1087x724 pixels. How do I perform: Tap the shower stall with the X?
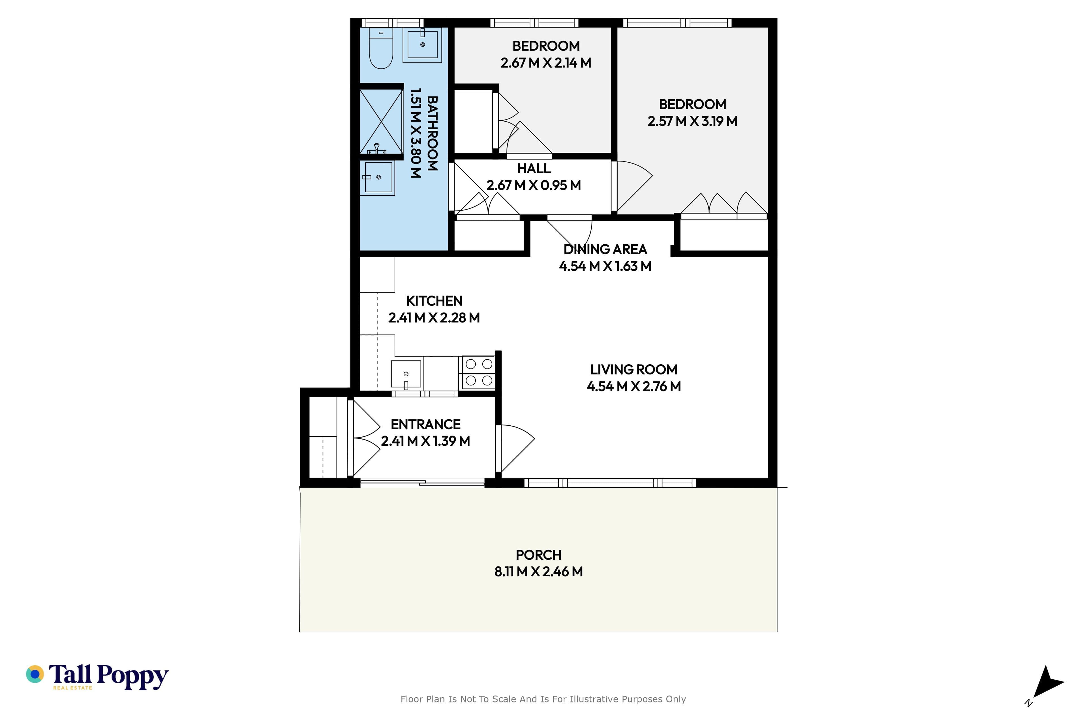pyautogui.click(x=381, y=121)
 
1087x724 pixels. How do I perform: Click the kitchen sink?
pyautogui.click(x=406, y=374)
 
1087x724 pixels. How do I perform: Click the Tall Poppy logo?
pyautogui.click(x=97, y=677)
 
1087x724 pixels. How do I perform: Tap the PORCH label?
pyautogui.click(x=538, y=555)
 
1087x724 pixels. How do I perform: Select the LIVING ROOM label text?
pyautogui.click(x=634, y=369)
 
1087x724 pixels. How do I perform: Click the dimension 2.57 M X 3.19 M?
pyautogui.click(x=692, y=121)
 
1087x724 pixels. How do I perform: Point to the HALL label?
pyautogui.click(x=534, y=168)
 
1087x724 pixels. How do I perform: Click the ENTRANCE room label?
pyautogui.click(x=426, y=424)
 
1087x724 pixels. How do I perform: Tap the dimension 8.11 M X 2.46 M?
pyautogui.click(x=538, y=572)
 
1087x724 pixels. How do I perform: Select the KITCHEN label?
pyautogui.click(x=434, y=301)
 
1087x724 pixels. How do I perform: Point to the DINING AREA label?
pyautogui.click(x=605, y=249)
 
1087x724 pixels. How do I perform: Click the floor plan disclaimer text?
pyautogui.click(x=543, y=699)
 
